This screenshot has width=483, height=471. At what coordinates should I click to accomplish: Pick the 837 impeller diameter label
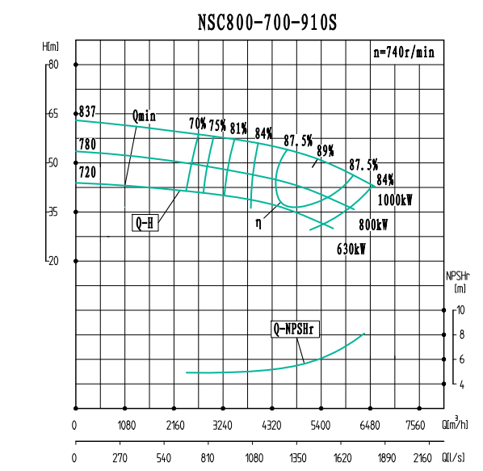pyautogui.click(x=87, y=111)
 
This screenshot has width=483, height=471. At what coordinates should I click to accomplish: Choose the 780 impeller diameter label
pyautogui.click(x=87, y=145)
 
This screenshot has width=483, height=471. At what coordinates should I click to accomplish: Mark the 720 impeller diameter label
pyautogui.click(x=87, y=172)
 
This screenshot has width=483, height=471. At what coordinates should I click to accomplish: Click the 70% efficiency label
pyautogui.click(x=197, y=124)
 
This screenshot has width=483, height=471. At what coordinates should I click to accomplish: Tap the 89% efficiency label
pyautogui.click(x=325, y=150)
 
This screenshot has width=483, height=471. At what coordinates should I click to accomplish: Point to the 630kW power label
pyautogui.click(x=351, y=250)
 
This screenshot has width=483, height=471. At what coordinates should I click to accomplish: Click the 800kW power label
pyautogui.click(x=372, y=225)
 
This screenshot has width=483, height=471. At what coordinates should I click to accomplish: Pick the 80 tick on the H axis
pyautogui.click(x=54, y=65)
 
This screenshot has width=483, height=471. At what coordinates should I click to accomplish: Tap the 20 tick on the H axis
pyautogui.click(x=54, y=261)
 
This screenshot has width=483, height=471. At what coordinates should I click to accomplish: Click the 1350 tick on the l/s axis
pyautogui.click(x=298, y=457)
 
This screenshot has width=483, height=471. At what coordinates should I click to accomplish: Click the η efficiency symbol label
pyautogui.click(x=259, y=220)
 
